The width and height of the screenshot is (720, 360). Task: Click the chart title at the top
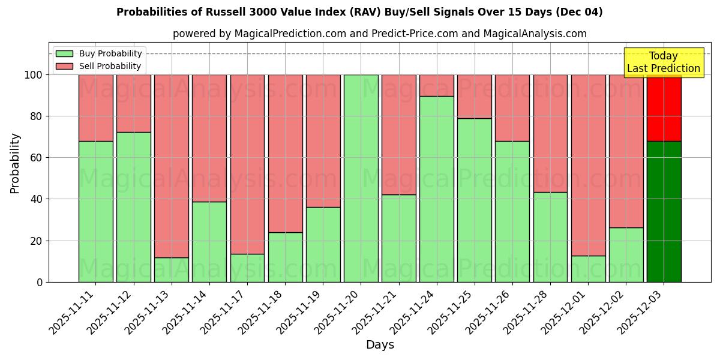(x=359, y=12)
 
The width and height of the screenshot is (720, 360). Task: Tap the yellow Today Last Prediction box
(x=663, y=62)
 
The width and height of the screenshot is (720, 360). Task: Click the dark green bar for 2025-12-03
(x=664, y=211)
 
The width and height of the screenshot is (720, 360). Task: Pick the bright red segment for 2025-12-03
(x=664, y=108)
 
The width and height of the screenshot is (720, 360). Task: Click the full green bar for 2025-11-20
(x=361, y=178)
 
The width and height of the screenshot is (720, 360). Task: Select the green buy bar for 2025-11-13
(x=172, y=269)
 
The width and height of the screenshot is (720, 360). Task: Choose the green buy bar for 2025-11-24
(x=436, y=189)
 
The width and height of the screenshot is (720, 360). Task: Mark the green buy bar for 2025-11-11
(x=95, y=211)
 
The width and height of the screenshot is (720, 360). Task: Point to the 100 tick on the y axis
(x=34, y=75)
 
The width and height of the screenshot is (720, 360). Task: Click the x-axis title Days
(x=380, y=345)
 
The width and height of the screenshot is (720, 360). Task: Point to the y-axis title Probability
(x=15, y=163)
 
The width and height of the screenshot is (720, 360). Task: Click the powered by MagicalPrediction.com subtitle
(x=379, y=34)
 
